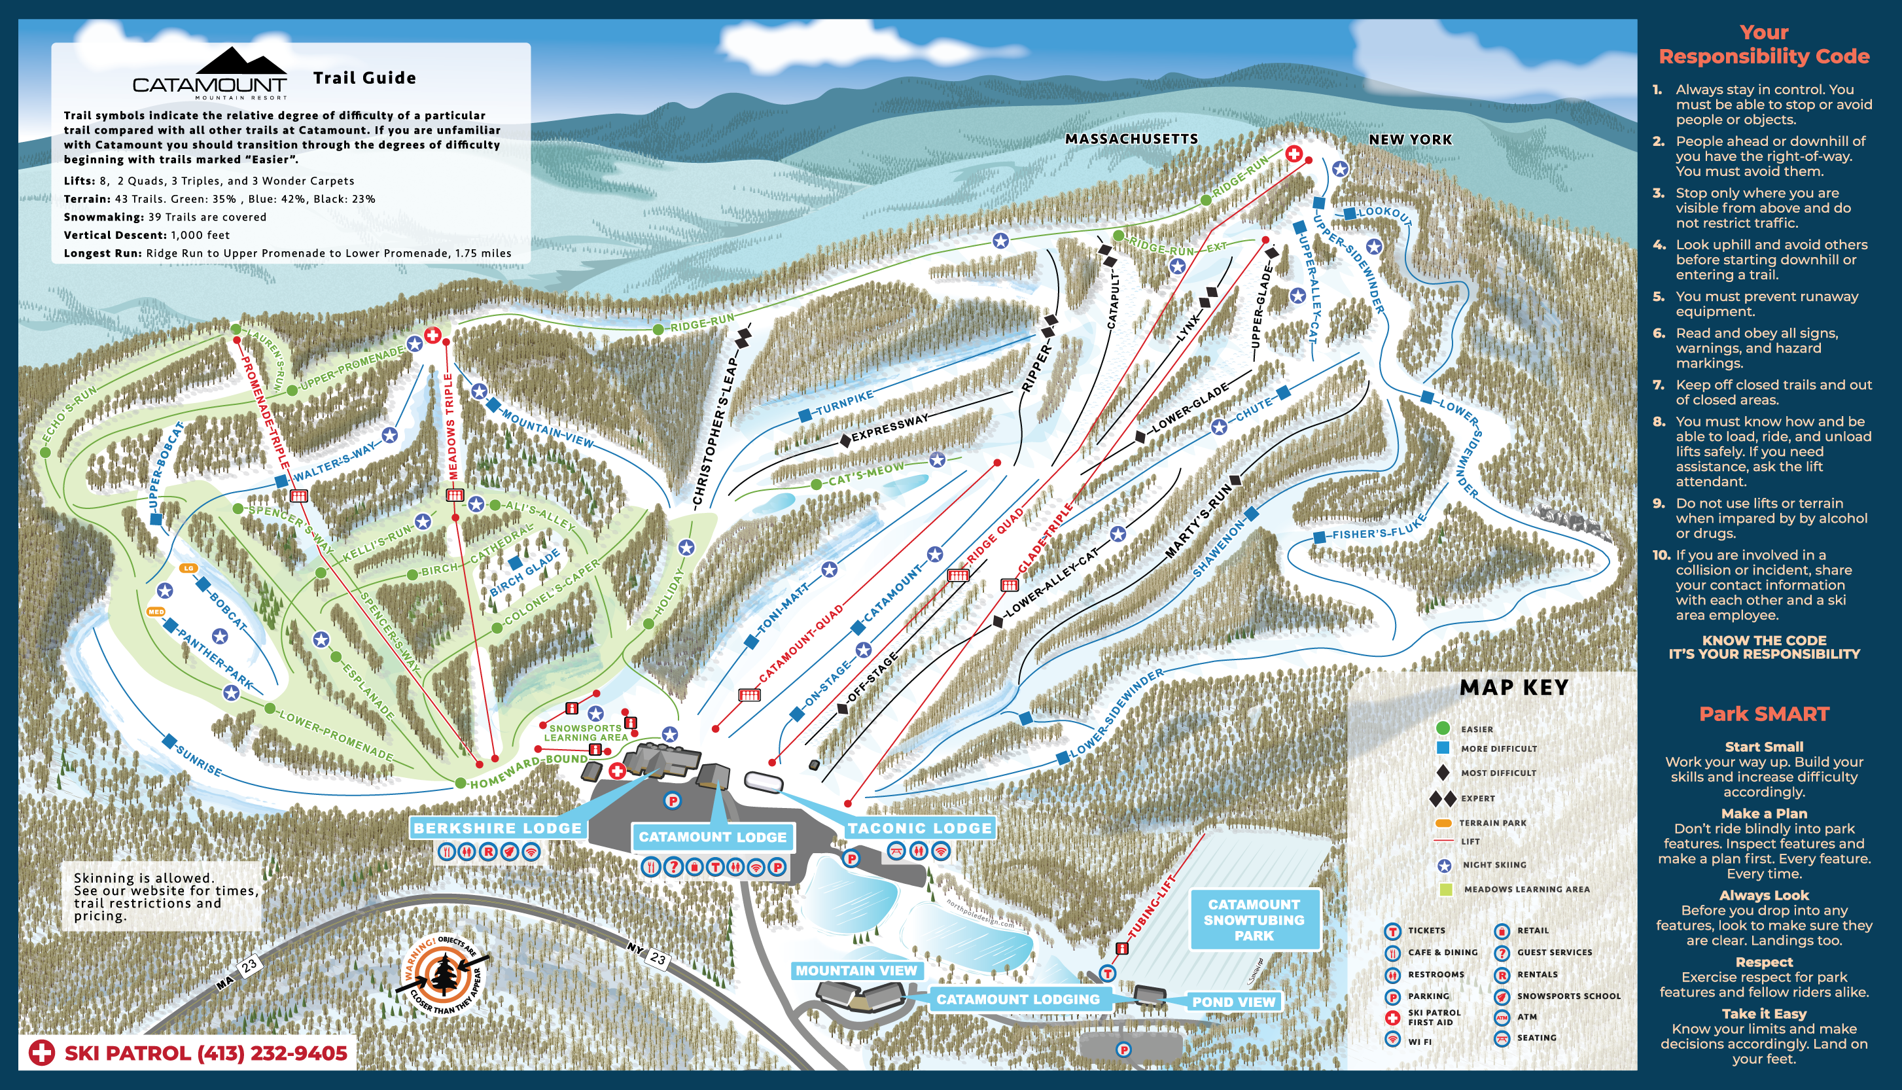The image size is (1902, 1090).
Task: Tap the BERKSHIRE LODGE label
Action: [497, 828]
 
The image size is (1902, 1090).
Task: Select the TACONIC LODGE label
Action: [919, 828]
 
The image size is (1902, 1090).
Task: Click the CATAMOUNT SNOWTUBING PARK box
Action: [1254, 920]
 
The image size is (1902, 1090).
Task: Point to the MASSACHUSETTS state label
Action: [1131, 139]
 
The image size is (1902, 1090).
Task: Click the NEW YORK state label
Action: [1410, 140]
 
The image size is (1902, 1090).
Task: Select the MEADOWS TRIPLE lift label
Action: [451, 427]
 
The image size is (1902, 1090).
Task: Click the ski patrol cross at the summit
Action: [1294, 154]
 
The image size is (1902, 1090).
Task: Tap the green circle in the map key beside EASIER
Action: [1443, 728]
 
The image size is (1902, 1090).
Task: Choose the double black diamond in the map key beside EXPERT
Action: [1443, 799]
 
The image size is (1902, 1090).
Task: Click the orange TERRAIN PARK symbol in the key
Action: [1443, 823]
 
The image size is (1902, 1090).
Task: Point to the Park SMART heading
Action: [1763, 714]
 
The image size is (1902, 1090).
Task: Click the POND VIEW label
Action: [1233, 1002]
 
